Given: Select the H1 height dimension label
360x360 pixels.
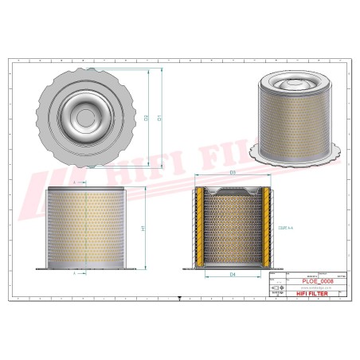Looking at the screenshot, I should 143,229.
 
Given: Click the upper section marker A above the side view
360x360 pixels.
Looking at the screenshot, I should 74,182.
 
